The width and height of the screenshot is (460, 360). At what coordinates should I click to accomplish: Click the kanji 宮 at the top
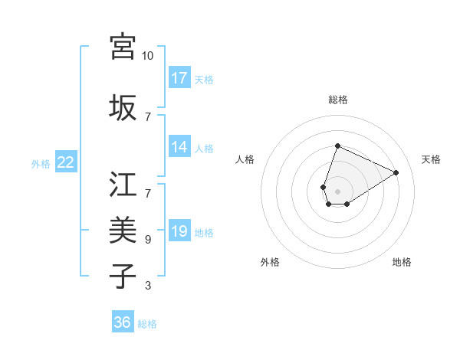click(x=123, y=46)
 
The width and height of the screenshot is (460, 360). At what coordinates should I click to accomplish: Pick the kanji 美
click(x=123, y=230)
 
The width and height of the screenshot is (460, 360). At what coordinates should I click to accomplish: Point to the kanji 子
click(x=123, y=277)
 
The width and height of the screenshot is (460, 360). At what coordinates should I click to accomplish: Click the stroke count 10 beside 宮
click(x=148, y=56)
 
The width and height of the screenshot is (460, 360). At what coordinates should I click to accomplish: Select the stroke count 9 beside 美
click(x=148, y=240)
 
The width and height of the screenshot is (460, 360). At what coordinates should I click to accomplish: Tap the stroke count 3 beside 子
click(x=148, y=286)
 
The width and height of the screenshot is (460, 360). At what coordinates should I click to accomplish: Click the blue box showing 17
click(x=179, y=78)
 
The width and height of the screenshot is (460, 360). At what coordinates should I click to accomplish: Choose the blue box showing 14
click(x=179, y=148)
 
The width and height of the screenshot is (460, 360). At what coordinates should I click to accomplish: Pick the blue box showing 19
click(x=179, y=231)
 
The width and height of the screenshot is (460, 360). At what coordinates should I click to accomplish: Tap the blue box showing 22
click(x=66, y=162)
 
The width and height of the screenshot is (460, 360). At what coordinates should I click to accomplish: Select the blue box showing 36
click(x=123, y=322)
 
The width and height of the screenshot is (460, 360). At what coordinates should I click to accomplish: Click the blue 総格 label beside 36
click(x=147, y=324)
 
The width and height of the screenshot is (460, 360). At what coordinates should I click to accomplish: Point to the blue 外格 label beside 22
click(x=41, y=163)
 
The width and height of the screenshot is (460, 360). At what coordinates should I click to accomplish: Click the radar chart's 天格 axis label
click(x=431, y=159)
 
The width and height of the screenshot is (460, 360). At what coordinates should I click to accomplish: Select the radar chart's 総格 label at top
click(x=337, y=100)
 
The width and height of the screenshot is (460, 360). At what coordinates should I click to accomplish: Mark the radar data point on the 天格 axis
click(x=396, y=172)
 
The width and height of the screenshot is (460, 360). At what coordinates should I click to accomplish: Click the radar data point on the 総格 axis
click(x=337, y=146)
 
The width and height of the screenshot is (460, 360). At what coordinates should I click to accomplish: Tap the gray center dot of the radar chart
click(x=337, y=191)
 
